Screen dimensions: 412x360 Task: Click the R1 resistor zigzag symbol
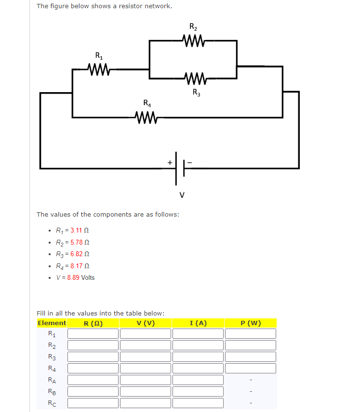[100, 69]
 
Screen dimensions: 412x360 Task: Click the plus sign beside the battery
[170, 163]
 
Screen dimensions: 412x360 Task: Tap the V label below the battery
[182, 195]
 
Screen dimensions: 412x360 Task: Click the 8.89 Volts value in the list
[80, 277]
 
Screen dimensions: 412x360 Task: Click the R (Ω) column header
[93, 323]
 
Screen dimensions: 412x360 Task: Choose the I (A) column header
[198, 323]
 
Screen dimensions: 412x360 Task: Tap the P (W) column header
[251, 323]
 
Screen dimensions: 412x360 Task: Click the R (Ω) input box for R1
[93, 333]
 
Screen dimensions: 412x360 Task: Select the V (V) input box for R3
[146, 357]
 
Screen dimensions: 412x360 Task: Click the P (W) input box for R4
[251, 369]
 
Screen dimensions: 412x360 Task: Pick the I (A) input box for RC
[198, 403]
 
